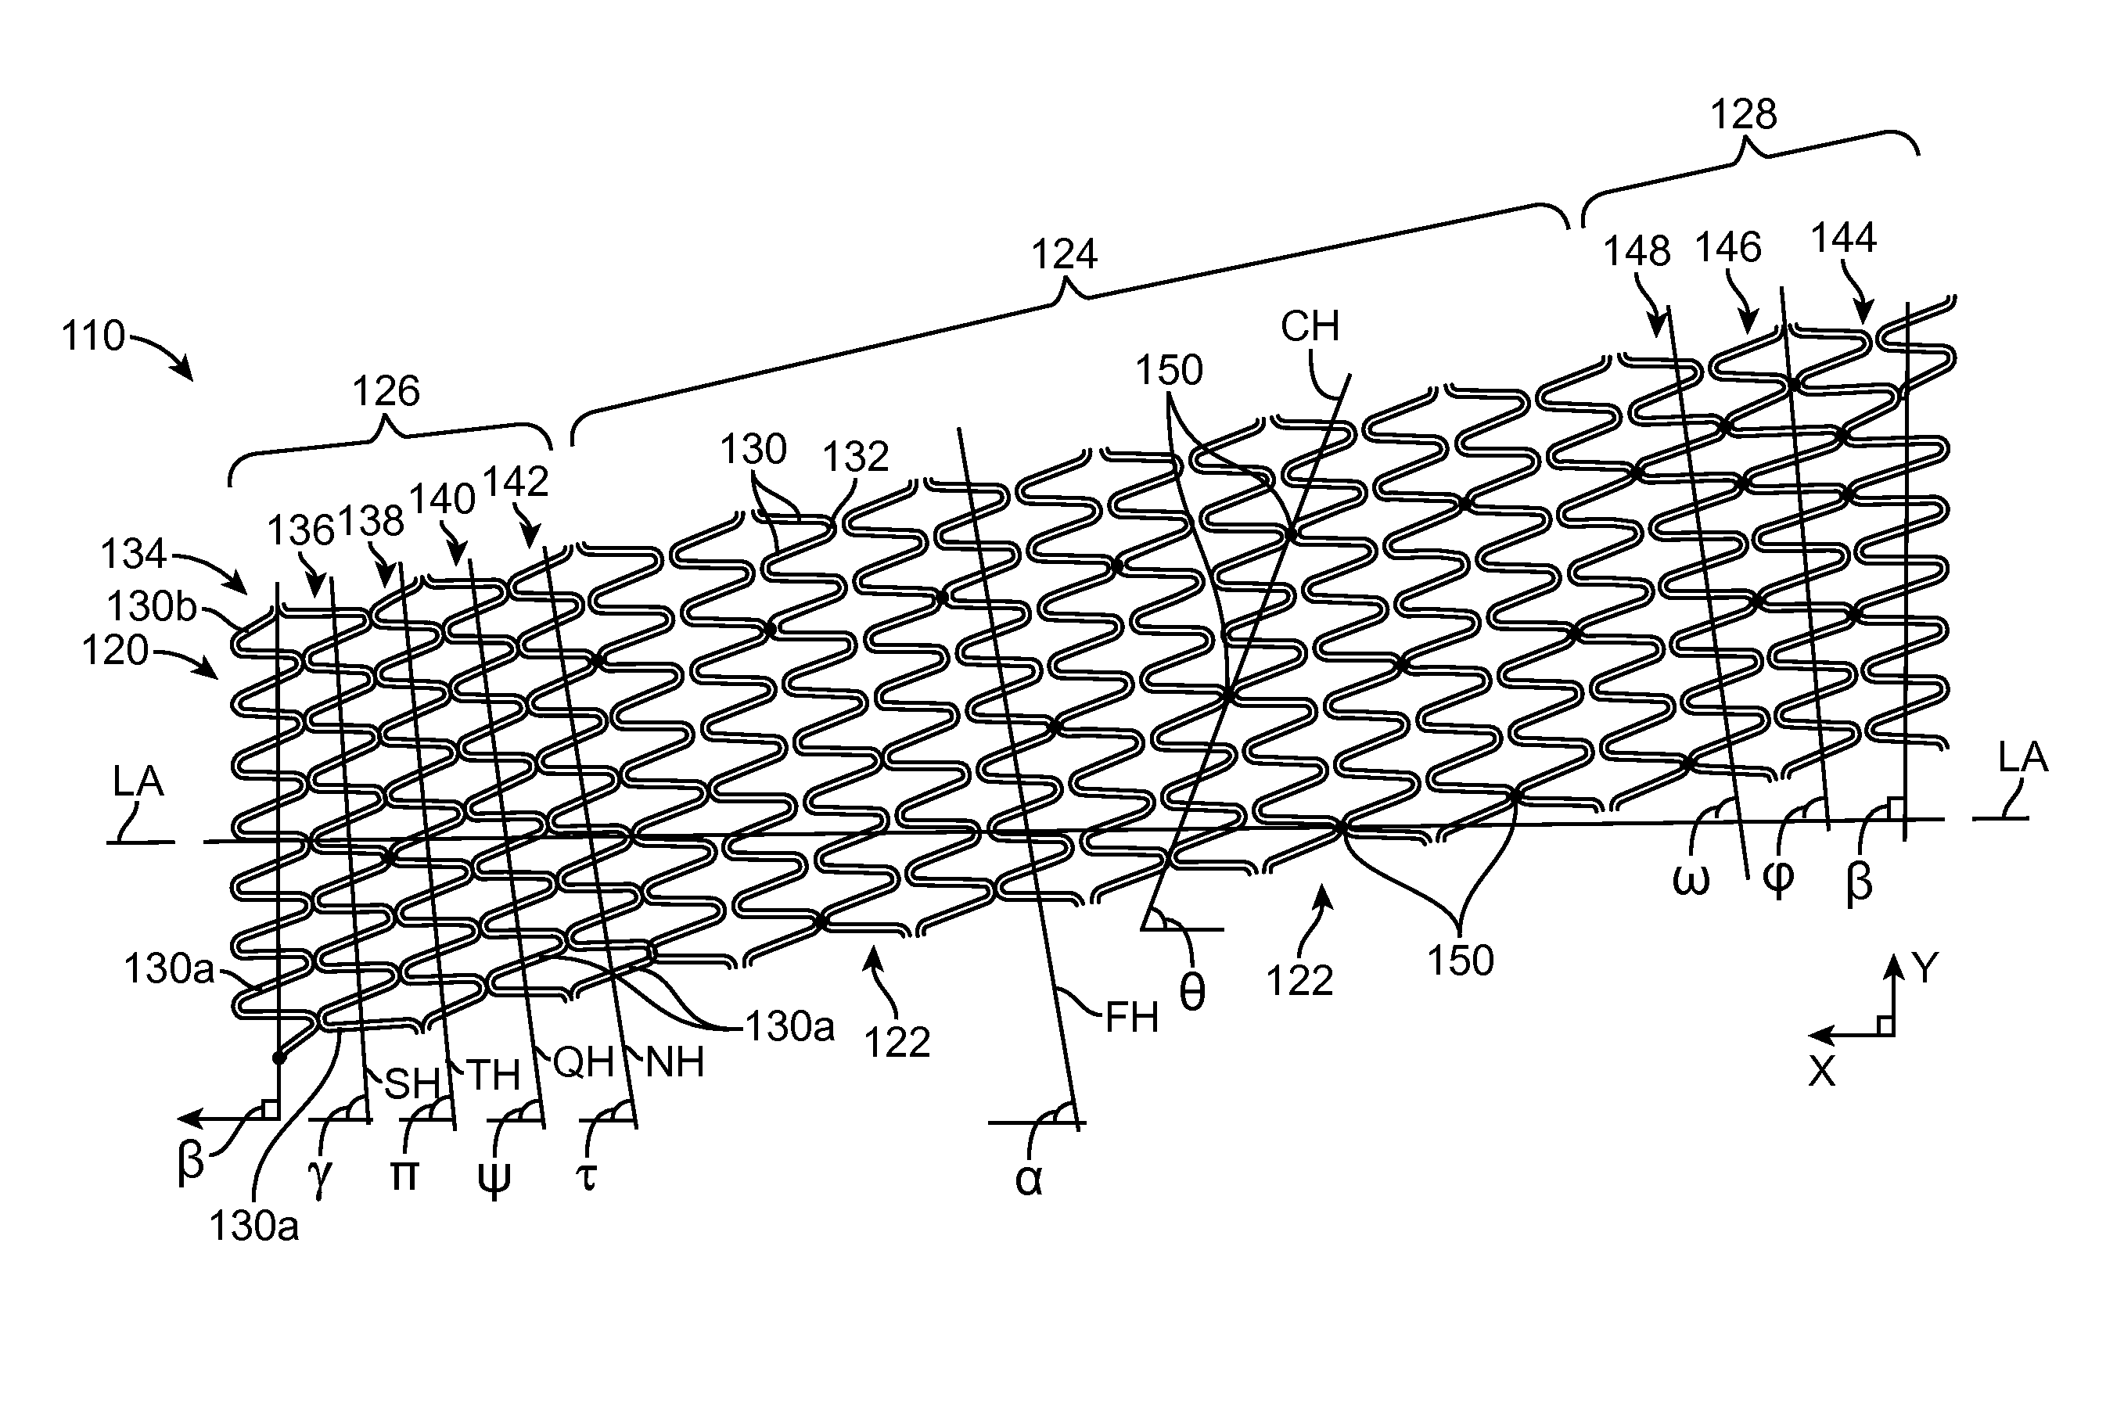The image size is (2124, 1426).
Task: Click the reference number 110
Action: tap(93, 336)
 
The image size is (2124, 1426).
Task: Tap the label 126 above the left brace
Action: tap(386, 392)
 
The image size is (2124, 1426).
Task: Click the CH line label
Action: tap(1310, 326)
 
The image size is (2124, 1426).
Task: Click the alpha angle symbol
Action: tap(1028, 1180)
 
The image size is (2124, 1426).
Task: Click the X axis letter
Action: tap(1822, 1073)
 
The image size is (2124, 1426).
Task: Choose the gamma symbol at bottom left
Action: tap(319, 1179)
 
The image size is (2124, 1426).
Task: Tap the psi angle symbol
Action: tap(494, 1179)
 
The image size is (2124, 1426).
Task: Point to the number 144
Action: tap(1843, 239)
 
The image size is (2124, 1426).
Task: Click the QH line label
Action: tap(583, 1062)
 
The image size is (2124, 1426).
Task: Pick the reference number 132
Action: tap(854, 458)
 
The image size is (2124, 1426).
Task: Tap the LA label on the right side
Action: tap(2023, 757)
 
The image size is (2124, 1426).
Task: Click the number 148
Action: tap(1637, 252)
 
